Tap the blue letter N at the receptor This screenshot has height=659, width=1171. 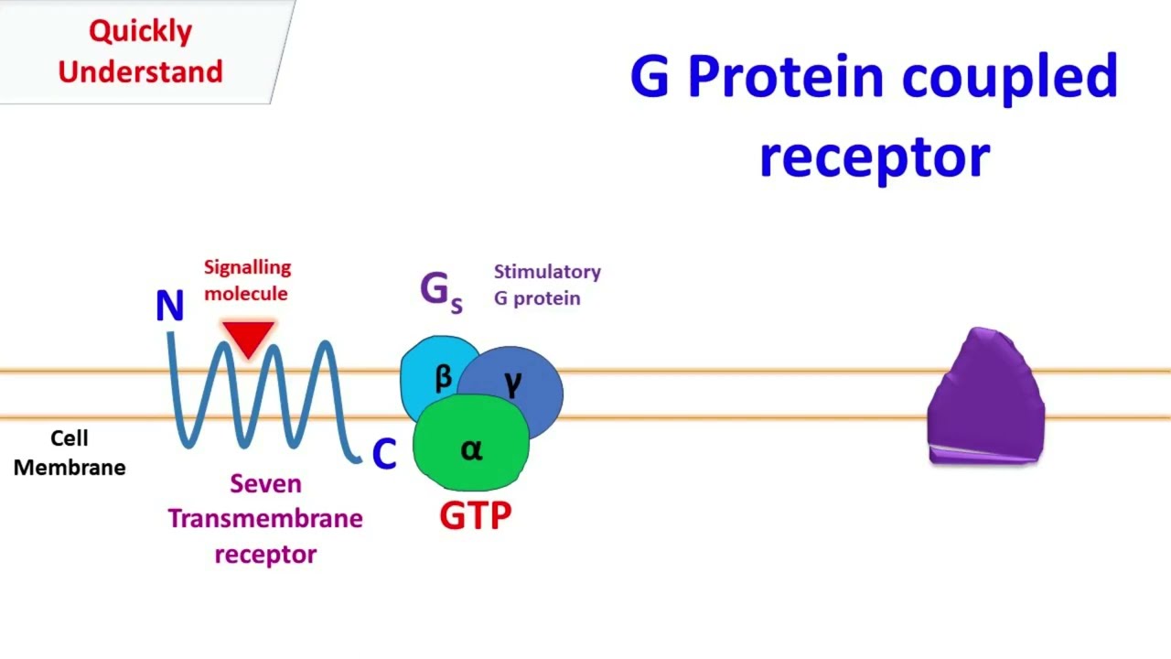click(169, 307)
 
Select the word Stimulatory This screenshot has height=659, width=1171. click(547, 272)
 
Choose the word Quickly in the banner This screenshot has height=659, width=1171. click(140, 31)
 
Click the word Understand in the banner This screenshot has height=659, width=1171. click(140, 71)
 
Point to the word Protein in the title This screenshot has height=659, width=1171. click(787, 77)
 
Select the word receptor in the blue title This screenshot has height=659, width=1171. click(874, 157)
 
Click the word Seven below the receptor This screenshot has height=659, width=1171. click(265, 483)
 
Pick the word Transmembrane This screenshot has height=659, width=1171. click(265, 519)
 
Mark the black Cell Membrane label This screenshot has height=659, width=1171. click(70, 453)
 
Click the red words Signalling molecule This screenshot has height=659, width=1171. click(246, 280)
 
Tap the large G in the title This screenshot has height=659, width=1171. click(650, 77)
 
